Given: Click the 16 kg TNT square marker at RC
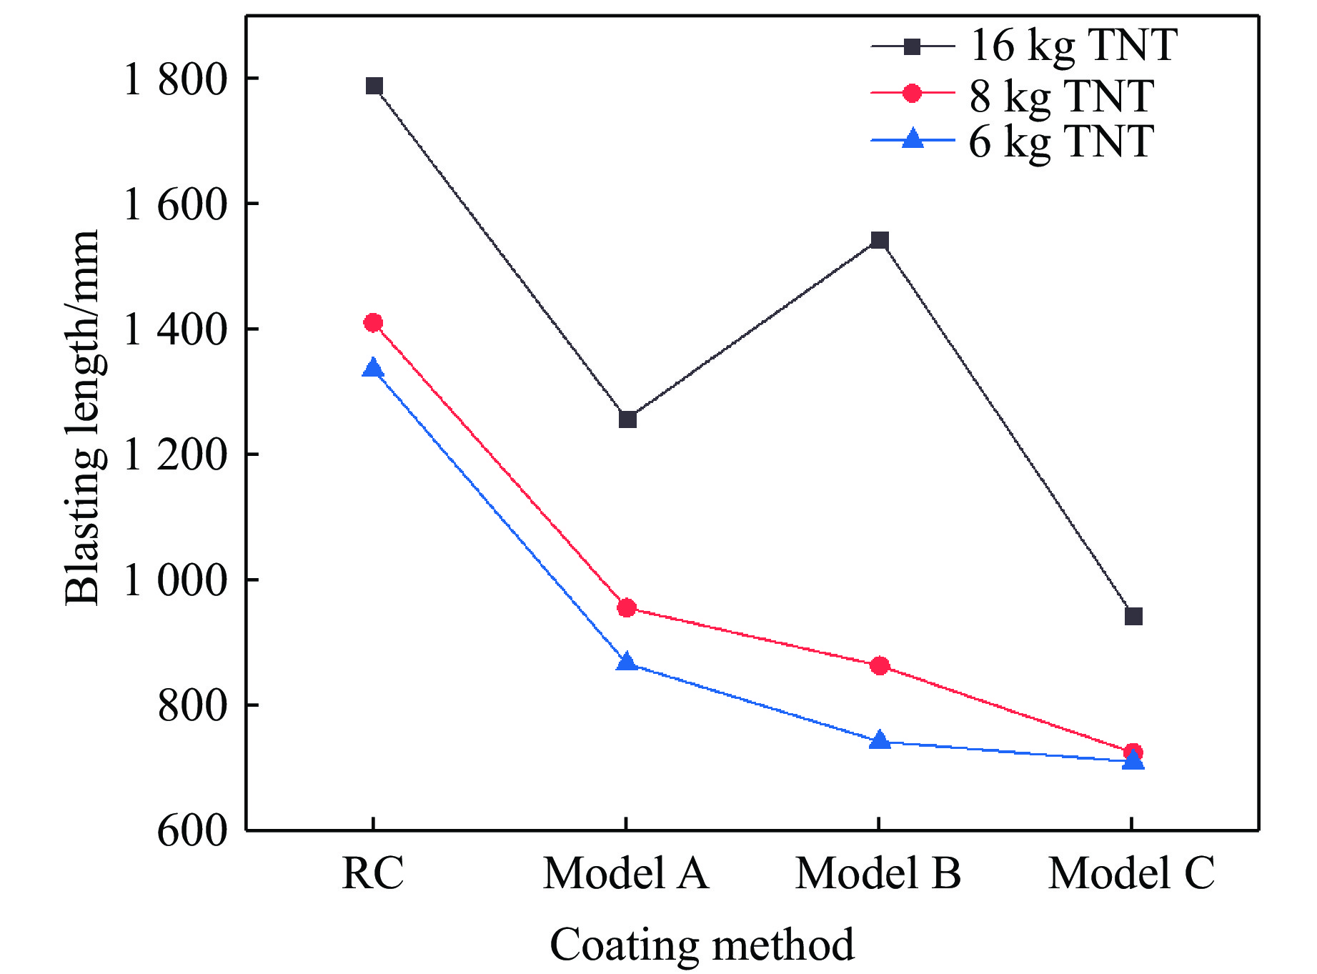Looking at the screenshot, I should coord(374,86).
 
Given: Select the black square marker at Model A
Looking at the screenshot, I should coord(627,419).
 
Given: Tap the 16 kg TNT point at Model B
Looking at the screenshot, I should coord(880,240).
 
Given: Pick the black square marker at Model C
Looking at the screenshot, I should coord(1133,616).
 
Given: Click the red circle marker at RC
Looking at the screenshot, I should coord(373,323).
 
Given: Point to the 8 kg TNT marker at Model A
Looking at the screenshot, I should coord(627,608).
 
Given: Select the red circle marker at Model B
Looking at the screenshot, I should coord(880,666).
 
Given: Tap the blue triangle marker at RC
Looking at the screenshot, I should coord(373,369).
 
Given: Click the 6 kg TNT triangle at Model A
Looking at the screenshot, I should coord(627,662).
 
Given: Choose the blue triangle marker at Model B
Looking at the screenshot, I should coord(880,740).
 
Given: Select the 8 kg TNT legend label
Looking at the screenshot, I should coord(1062,95).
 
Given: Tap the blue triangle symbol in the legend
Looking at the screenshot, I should coord(913,138).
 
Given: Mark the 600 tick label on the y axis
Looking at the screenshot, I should coord(192,831).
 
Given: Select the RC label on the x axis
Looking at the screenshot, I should coord(373,873).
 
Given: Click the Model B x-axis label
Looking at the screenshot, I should coord(878,873).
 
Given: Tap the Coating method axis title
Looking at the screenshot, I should coord(702,945).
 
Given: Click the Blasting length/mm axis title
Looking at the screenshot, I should coord(82,418).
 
